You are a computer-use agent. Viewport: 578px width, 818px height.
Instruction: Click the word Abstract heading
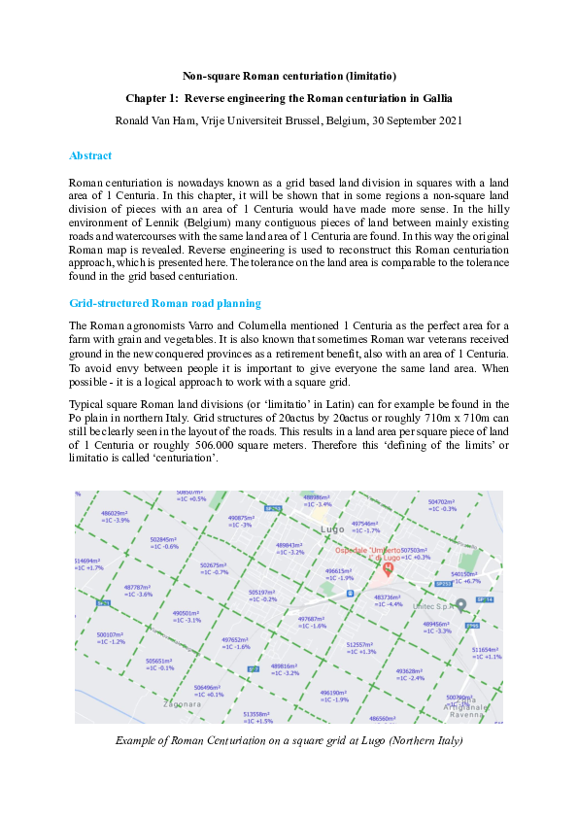90,155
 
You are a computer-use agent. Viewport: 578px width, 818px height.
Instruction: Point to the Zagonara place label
183,702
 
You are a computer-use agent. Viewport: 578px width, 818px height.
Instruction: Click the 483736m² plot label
388,597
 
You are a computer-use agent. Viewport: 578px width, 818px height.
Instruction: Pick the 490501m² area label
186,613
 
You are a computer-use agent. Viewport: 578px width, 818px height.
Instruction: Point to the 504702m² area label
442,502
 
